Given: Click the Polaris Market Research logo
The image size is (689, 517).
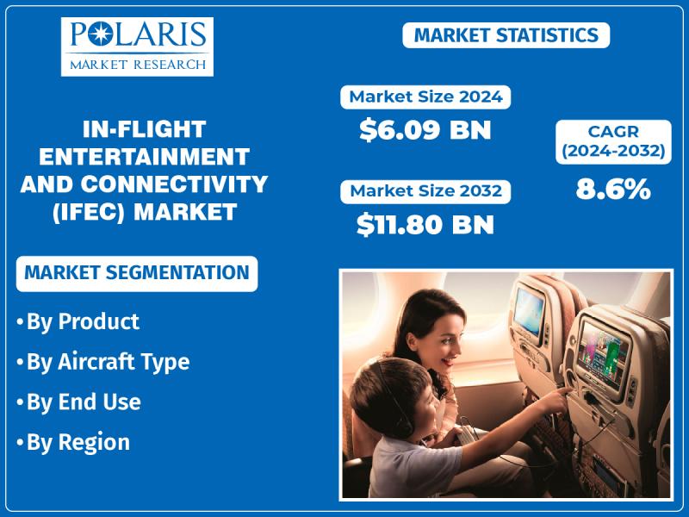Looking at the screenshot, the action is click(x=137, y=47).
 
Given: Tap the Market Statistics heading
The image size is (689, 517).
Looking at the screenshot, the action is click(x=506, y=35).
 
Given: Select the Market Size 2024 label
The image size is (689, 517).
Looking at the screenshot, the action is click(x=425, y=97).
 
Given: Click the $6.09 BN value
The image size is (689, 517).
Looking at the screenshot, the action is click(x=425, y=130).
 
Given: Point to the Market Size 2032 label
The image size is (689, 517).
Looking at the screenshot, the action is click(x=425, y=191).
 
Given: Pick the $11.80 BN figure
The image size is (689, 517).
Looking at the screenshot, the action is click(x=425, y=224).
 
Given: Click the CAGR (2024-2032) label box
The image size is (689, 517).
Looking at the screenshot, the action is click(x=613, y=141).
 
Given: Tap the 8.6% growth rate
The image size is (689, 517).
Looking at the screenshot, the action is click(x=613, y=189).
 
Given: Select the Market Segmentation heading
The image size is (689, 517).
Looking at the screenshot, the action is click(x=137, y=273).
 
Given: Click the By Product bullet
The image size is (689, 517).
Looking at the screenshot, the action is click(x=78, y=321).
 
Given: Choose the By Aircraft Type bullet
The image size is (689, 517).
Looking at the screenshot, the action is click(x=103, y=362).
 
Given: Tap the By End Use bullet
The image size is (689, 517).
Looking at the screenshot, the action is click(x=78, y=402).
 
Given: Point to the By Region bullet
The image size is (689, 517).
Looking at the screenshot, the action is click(x=73, y=442).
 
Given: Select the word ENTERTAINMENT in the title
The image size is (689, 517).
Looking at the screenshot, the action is click(x=144, y=157).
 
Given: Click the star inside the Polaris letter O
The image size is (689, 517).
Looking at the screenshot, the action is click(x=100, y=34).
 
